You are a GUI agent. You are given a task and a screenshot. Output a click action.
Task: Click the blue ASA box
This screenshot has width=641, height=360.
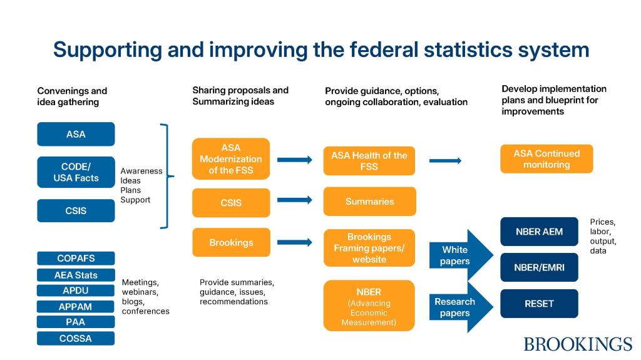(x=76, y=134)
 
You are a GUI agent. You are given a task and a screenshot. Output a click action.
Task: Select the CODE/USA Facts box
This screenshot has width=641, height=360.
(x=76, y=172)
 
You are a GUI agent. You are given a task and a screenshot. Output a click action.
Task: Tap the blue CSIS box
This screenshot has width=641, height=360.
(x=76, y=211)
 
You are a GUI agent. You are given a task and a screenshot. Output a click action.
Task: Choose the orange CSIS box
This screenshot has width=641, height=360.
(x=231, y=202)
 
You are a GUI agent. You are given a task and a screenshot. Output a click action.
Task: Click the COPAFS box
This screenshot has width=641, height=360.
(x=76, y=259)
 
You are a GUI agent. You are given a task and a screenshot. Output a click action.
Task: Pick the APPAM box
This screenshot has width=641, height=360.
(x=76, y=307)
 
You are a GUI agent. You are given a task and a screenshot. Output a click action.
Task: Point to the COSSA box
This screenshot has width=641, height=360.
(x=76, y=338)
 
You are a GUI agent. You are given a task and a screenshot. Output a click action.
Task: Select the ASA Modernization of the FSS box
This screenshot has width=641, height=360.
(x=231, y=159)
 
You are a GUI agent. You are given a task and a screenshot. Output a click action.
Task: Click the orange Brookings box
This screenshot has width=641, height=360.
(x=231, y=242)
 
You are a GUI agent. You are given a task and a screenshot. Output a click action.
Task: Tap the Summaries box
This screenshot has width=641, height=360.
(x=369, y=201)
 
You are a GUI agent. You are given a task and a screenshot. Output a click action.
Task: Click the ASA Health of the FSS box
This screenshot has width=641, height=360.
(x=369, y=161)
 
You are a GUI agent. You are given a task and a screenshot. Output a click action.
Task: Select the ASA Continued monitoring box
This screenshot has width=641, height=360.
(x=546, y=159)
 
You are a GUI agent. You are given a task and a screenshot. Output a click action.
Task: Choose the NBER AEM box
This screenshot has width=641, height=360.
(x=539, y=232)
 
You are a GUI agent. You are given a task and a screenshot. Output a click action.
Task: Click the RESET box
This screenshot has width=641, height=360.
(x=539, y=304)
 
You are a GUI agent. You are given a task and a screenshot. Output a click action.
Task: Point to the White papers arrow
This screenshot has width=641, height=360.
(x=461, y=255)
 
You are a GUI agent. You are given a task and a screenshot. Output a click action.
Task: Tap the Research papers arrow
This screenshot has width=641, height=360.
(x=461, y=307)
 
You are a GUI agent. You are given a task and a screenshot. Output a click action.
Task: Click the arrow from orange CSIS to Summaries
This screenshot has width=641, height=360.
(x=295, y=200)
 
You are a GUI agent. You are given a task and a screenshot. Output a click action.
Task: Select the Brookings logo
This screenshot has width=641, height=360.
(x=578, y=344)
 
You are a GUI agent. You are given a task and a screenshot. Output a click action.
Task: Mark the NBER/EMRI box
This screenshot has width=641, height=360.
(x=539, y=267)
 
